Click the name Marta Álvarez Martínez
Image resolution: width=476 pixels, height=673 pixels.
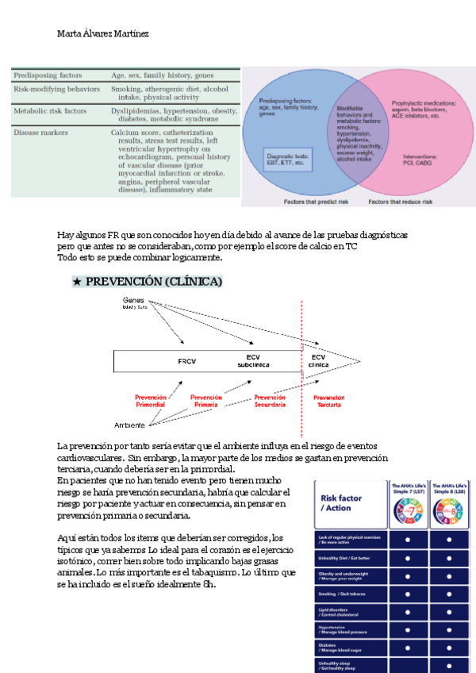[102, 34]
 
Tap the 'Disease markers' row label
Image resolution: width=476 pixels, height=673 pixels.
[40, 133]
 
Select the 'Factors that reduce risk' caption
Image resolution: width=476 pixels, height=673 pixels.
[401, 202]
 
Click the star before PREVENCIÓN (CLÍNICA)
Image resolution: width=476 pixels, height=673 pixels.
[77, 282]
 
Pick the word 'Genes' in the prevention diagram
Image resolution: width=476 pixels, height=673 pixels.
[134, 300]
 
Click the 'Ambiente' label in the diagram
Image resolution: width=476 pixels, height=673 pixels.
[129, 425]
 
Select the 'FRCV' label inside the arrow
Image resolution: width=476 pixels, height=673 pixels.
[186, 361]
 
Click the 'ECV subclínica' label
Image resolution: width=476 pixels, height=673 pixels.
[253, 361]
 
